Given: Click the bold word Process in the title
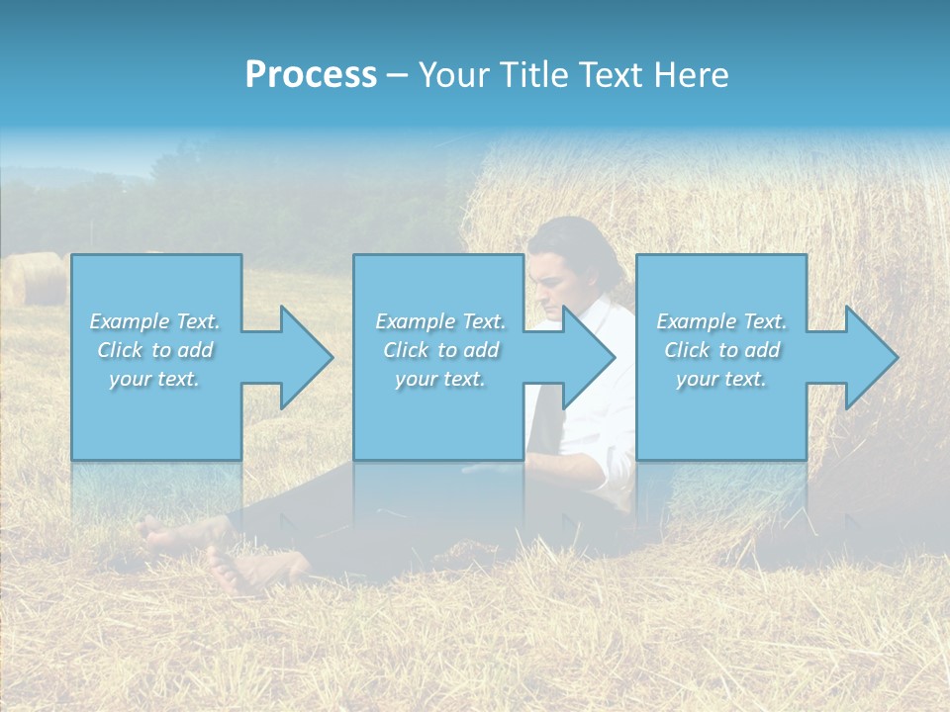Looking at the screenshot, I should pyautogui.click(x=311, y=75).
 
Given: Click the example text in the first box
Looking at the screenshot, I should pyautogui.click(x=155, y=350).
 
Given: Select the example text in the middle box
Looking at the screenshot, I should pyautogui.click(x=440, y=350).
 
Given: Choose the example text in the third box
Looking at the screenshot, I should pyautogui.click(x=721, y=350).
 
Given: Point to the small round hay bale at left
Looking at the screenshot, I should pyautogui.click(x=38, y=279).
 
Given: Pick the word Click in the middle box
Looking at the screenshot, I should pyautogui.click(x=406, y=350).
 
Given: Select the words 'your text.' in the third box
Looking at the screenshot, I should pyautogui.click(x=721, y=379).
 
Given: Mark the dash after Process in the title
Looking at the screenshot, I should pyautogui.click(x=397, y=75).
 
